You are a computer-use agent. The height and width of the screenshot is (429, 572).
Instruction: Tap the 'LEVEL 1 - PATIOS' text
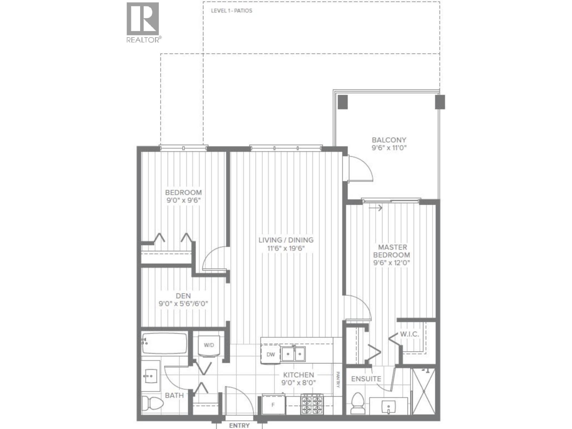[x=231, y=11]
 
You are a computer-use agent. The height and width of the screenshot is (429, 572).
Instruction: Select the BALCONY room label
[x=389, y=140]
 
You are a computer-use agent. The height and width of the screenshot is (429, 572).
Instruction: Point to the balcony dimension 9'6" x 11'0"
[x=389, y=148]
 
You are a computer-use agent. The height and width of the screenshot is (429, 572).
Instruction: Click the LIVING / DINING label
[x=286, y=240]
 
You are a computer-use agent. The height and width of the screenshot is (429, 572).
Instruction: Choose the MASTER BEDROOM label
[x=392, y=251]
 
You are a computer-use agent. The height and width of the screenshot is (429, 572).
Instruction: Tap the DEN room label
[x=183, y=296]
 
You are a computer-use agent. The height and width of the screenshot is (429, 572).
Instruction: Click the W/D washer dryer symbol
[x=209, y=345]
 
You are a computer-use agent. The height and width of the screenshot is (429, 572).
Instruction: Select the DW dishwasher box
[x=271, y=355]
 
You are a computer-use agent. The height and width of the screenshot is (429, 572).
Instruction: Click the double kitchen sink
[x=293, y=354]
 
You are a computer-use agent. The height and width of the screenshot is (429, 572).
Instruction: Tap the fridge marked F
[x=273, y=405]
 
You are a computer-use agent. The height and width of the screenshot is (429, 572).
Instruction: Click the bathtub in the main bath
[x=164, y=344]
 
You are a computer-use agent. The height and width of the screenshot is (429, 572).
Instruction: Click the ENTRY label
[x=239, y=425]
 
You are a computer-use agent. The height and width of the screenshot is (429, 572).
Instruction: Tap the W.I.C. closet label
[x=409, y=334]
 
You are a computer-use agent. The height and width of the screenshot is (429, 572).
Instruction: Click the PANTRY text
[x=337, y=380]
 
